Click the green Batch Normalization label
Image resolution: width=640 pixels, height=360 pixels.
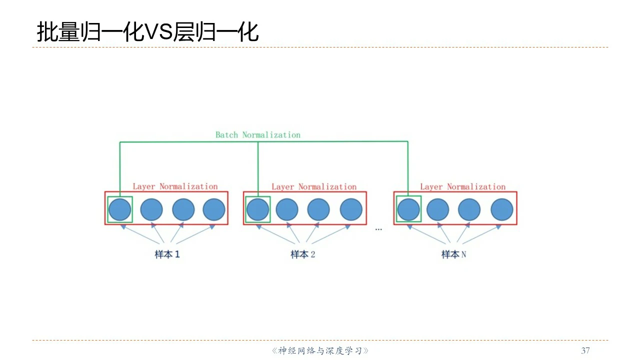(x=257, y=135)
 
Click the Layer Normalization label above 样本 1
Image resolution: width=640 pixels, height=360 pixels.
(x=175, y=187)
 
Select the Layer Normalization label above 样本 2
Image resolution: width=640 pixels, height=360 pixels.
(x=314, y=187)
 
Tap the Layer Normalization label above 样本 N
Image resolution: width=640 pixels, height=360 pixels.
(x=462, y=187)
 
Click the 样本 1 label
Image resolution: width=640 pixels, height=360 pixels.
(x=167, y=254)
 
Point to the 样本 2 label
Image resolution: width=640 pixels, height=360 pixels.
(x=303, y=254)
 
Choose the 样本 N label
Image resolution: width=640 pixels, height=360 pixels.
(x=453, y=254)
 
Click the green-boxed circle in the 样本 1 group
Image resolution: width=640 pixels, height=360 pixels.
(x=120, y=209)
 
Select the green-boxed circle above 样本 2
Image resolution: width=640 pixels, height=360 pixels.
(x=257, y=209)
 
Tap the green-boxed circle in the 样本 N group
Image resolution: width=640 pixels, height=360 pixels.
(x=408, y=209)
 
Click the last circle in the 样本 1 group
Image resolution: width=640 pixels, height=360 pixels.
(x=214, y=209)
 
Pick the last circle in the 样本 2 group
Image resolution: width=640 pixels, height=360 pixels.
(x=351, y=209)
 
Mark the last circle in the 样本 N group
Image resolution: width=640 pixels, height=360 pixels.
(x=501, y=209)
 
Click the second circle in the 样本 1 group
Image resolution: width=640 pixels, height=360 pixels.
(x=151, y=209)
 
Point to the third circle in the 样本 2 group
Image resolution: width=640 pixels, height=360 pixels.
(x=318, y=209)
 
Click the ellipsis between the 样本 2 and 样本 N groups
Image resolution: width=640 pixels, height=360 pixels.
(x=378, y=229)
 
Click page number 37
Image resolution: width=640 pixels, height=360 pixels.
(x=585, y=350)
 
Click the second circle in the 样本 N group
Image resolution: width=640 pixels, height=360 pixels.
(x=438, y=209)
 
